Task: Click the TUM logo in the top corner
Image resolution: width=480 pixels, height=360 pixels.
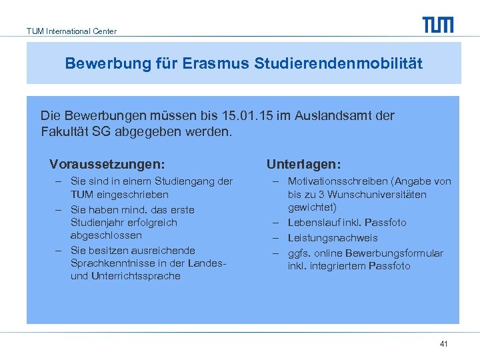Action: click(437, 25)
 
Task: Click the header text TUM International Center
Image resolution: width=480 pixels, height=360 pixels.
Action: click(71, 31)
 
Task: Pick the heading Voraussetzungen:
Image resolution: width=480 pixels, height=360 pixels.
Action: click(107, 164)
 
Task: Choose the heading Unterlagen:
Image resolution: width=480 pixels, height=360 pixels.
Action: click(303, 164)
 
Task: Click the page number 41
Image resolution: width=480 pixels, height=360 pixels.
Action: click(443, 344)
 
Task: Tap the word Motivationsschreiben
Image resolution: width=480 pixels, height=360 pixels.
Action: click(338, 181)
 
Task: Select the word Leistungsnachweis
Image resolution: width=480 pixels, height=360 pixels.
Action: click(333, 238)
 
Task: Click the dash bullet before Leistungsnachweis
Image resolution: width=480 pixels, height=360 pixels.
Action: click(275, 238)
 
